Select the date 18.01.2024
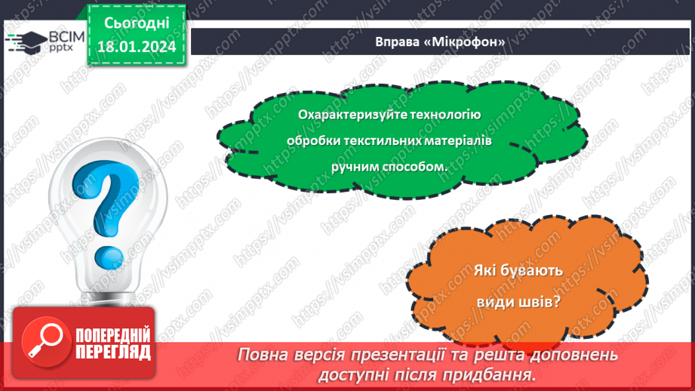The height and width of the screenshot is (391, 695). tap(136, 48)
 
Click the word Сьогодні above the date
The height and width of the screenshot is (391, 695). tap(136, 24)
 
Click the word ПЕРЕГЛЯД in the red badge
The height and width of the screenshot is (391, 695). tap(114, 353)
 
